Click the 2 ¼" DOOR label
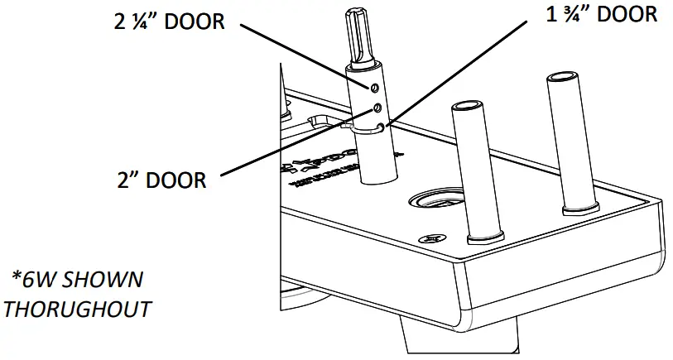[169, 22]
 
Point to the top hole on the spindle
[374, 87]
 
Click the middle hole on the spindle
[377, 108]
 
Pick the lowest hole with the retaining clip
[381, 127]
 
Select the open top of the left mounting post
[464, 108]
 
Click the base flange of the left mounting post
[484, 240]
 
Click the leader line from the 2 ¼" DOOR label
[306, 54]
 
